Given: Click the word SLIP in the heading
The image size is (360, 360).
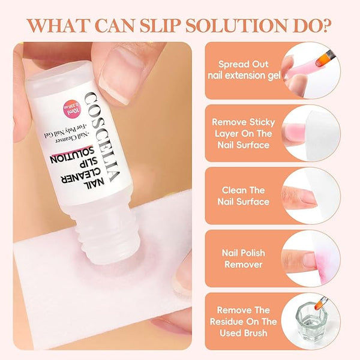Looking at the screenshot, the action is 160,25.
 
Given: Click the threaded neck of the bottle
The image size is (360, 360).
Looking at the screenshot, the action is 105,232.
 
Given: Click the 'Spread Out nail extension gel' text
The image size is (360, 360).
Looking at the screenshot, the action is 244,70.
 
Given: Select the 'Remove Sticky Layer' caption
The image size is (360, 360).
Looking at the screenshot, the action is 244,133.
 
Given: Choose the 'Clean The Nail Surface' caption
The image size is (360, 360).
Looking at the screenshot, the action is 244,196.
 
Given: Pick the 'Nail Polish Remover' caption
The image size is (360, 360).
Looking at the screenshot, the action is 244,259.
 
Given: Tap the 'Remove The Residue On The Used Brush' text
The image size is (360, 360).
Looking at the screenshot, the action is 244,322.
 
